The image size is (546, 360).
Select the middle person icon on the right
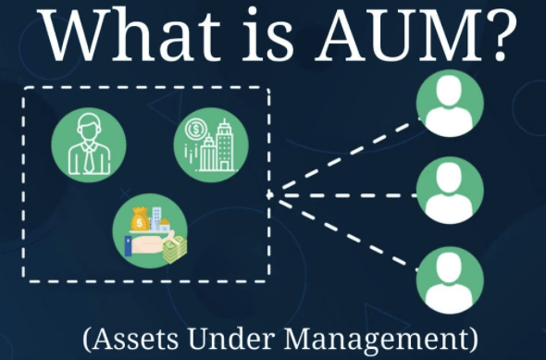(x=450, y=192)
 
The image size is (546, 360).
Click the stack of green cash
(x=172, y=248)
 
